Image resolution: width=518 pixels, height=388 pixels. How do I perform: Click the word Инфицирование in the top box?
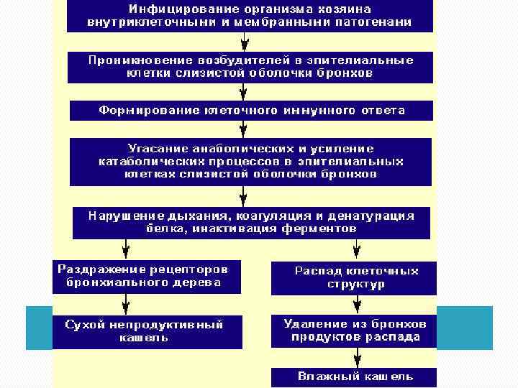(169, 9)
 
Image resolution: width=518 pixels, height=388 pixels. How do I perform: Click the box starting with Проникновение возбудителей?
(250, 67)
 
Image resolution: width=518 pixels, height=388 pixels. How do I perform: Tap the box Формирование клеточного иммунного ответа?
(251, 111)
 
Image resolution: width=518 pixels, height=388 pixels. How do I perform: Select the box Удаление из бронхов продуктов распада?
(354, 331)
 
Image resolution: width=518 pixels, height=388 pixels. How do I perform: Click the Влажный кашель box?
(354, 377)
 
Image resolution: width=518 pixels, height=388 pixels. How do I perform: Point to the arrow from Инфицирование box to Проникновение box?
(245, 42)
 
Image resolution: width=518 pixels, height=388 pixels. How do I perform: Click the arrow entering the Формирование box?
(245, 91)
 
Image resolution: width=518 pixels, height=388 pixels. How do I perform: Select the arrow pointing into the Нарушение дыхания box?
(245, 195)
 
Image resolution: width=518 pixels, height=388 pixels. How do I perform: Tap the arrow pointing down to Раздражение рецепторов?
(126, 249)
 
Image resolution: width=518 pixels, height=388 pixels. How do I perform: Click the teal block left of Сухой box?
(39, 328)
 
